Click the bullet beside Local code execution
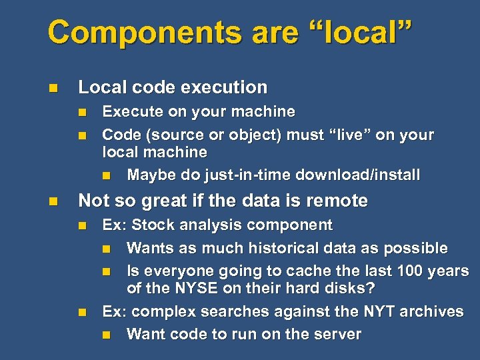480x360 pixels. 53,87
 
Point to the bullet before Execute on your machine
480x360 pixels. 81,111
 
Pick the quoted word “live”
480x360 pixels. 349,135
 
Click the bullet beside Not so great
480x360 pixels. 53,201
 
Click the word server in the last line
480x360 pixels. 337,335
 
